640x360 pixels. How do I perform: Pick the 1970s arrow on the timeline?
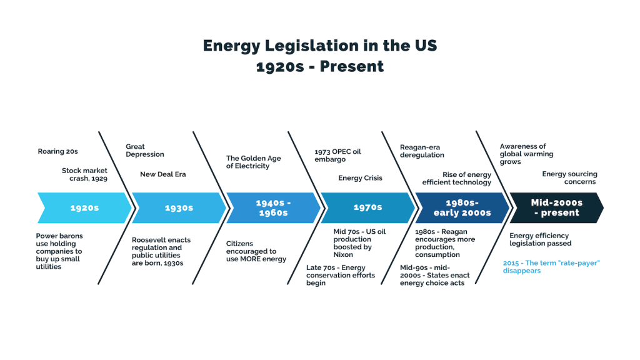367,207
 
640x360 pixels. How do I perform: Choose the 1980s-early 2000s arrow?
462,207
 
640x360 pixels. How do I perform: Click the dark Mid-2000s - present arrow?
557,207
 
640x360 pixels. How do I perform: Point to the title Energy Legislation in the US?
320,45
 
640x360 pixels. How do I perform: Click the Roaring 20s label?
57,151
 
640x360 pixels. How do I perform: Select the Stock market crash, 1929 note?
84,174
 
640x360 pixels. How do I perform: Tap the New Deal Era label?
163,174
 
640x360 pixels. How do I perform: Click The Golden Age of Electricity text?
254,162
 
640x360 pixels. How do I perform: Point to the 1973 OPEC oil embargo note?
337,156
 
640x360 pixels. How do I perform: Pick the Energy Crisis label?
361,178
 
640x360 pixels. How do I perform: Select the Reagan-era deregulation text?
422,151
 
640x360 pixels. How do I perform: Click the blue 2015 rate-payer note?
551,267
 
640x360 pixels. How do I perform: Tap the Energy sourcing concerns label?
569,178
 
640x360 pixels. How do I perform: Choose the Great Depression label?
145,150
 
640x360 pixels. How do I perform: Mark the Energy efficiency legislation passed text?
541,239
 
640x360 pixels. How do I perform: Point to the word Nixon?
343,255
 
